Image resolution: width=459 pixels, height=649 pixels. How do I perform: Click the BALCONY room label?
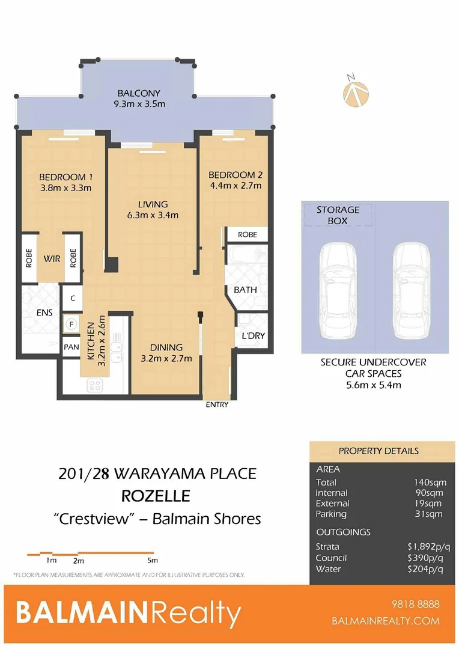pyautogui.click(x=139, y=93)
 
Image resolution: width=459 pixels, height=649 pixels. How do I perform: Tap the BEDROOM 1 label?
pyautogui.click(x=65, y=177)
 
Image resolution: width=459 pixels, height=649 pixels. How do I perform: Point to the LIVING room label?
pyautogui.click(x=152, y=204)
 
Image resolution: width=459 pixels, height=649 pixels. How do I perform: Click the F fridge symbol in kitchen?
pyautogui.click(x=71, y=324)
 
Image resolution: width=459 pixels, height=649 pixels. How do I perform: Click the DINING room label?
pyautogui.click(x=166, y=347)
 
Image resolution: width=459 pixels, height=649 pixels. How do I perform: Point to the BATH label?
pyautogui.click(x=245, y=290)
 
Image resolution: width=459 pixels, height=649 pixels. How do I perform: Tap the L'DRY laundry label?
pyautogui.click(x=253, y=336)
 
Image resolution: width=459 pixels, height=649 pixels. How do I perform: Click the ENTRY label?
pyautogui.click(x=217, y=404)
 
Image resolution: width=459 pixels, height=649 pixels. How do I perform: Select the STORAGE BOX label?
pyautogui.click(x=338, y=215)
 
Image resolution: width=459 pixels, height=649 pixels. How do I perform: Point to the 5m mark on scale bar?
pyautogui.click(x=152, y=560)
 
